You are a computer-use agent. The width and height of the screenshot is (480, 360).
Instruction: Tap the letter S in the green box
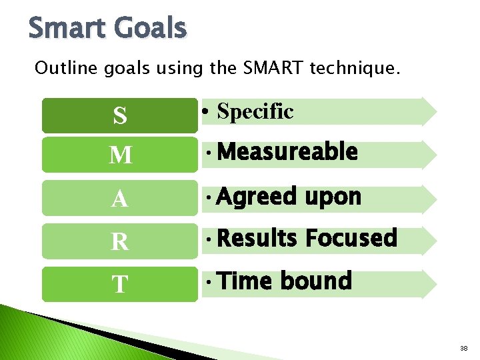[120, 116]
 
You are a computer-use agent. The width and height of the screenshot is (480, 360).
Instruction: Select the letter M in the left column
[120, 156]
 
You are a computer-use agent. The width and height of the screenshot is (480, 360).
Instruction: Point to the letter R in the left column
[120, 242]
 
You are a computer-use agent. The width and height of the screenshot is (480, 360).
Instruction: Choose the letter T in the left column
[120, 285]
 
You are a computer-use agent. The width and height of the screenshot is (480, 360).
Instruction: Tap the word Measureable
[287, 153]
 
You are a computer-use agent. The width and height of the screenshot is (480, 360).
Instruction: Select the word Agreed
[257, 197]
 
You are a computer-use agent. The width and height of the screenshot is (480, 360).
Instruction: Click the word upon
[333, 197]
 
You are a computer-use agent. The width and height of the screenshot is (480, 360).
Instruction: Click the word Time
[245, 281]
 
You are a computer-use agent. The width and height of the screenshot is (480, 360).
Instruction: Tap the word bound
[315, 281]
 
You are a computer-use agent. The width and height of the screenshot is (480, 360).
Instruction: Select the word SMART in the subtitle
[275, 68]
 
